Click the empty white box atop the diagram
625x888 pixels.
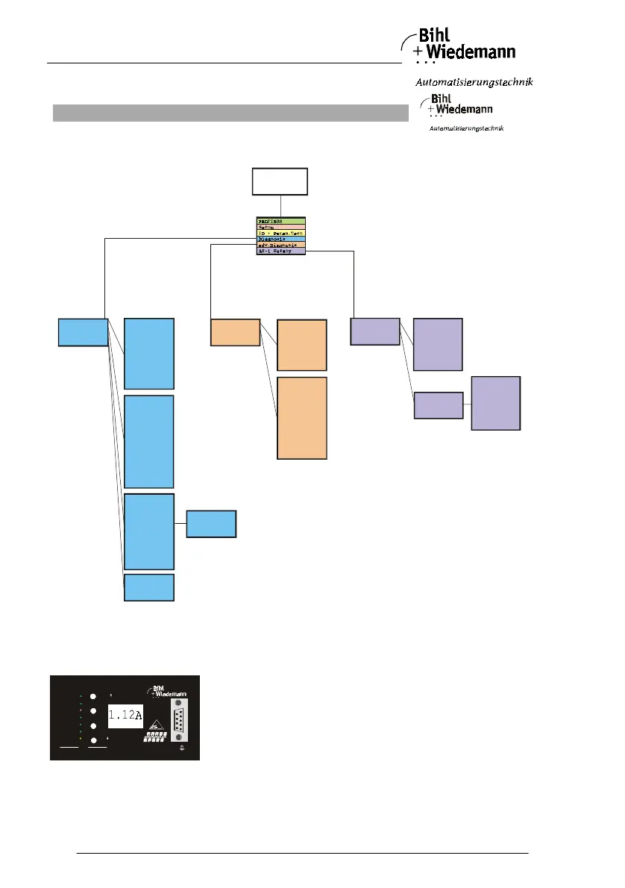tap(280, 182)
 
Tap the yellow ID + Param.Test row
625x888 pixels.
tap(280, 234)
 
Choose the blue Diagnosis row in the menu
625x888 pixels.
tap(280, 240)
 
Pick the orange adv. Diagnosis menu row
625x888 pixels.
tap(280, 246)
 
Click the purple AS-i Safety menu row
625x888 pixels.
tap(280, 251)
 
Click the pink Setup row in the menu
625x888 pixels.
tap(280, 228)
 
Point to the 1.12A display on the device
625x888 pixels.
tap(125, 716)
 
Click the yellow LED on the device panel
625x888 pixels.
tap(81, 738)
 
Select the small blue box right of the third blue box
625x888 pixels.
tap(211, 524)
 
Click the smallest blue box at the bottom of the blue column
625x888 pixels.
tap(149, 588)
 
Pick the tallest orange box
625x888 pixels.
tap(302, 418)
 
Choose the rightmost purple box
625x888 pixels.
tap(495, 403)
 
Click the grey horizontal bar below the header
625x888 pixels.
tap(230, 113)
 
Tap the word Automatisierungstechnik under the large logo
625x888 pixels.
tap(474, 81)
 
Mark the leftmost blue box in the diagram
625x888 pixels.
tap(83, 332)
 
